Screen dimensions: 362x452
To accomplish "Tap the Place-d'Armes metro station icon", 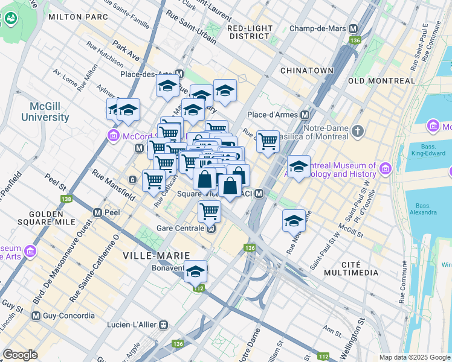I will point(305,115).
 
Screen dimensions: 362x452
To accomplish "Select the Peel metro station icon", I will point(97,213).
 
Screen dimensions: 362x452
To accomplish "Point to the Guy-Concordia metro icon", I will point(36,316).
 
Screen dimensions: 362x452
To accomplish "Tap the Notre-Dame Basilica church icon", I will point(358,130).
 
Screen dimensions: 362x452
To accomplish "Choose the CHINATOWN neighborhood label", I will point(307,71).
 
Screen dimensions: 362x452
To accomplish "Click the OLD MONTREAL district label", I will point(381,80).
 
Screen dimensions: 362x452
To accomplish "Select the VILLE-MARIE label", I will point(157,255).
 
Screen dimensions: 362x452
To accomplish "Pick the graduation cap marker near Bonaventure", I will point(195,272).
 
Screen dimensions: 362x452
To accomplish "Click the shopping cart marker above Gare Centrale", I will point(209,211).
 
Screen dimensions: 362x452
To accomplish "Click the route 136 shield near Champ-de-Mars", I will point(355,40).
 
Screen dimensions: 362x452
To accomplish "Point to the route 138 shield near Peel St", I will point(66,199).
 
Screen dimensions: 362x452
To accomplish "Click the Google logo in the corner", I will point(20,355).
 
